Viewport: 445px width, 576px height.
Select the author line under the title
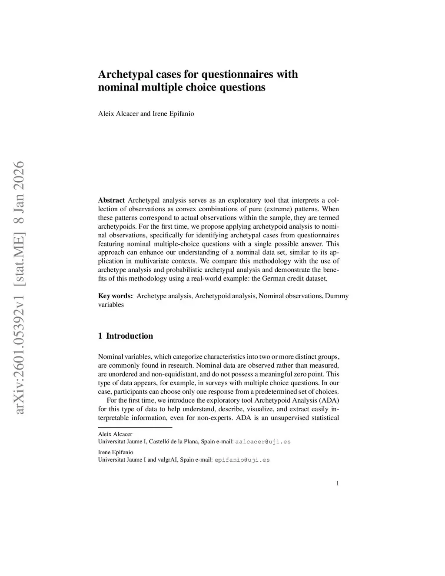[146, 114]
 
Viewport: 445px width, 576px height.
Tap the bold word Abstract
[111, 200]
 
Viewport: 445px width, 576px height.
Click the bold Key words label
[115, 296]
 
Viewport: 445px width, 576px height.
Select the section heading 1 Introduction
[126, 336]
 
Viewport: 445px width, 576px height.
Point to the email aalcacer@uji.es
[263, 442]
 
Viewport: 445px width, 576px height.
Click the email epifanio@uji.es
[242, 460]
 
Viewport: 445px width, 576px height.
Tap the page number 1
[337, 483]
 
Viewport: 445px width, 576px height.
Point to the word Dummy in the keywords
[337, 296]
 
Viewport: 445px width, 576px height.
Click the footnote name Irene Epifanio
[116, 453]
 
